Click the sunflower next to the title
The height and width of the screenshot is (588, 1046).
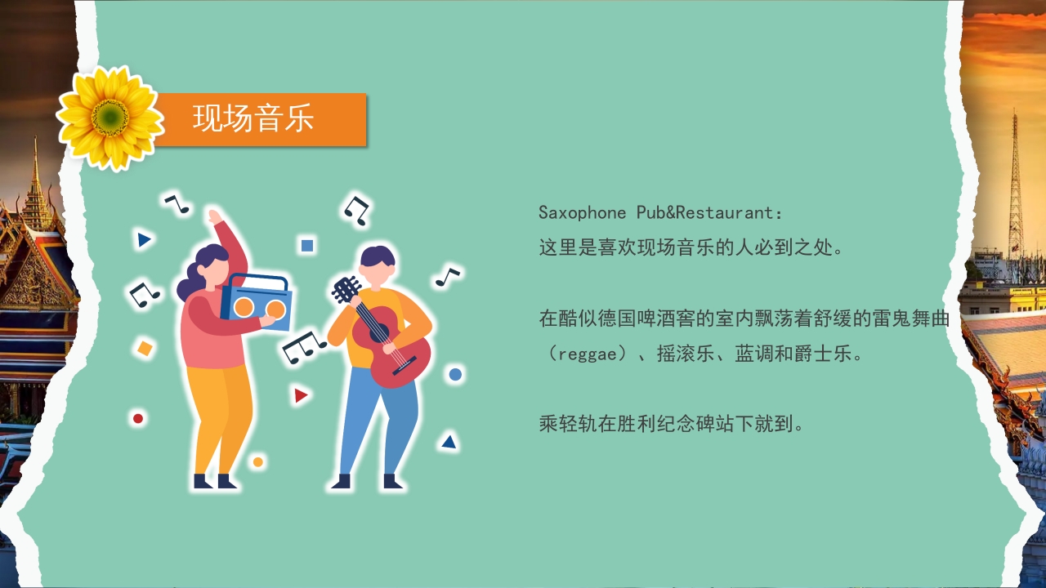[x=110, y=118]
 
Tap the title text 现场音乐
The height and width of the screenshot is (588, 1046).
[x=253, y=118]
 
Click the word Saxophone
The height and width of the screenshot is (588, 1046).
[x=582, y=213]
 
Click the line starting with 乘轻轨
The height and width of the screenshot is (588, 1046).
[x=673, y=424]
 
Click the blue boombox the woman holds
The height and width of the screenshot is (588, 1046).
[x=256, y=302]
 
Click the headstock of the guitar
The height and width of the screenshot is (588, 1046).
[x=346, y=288]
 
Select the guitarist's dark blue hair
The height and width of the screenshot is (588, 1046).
[x=378, y=256]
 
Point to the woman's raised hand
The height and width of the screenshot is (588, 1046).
[x=214, y=218]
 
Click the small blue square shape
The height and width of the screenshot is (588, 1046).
[x=307, y=245]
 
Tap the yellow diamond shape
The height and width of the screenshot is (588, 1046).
[x=145, y=349]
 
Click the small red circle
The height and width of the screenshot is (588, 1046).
[x=138, y=419]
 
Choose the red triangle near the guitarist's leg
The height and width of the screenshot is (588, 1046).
[x=301, y=396]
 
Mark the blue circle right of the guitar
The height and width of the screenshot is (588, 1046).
[x=455, y=375]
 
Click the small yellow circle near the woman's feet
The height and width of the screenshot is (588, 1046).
[x=258, y=462]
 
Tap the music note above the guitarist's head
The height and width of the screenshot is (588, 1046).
[x=357, y=210]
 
